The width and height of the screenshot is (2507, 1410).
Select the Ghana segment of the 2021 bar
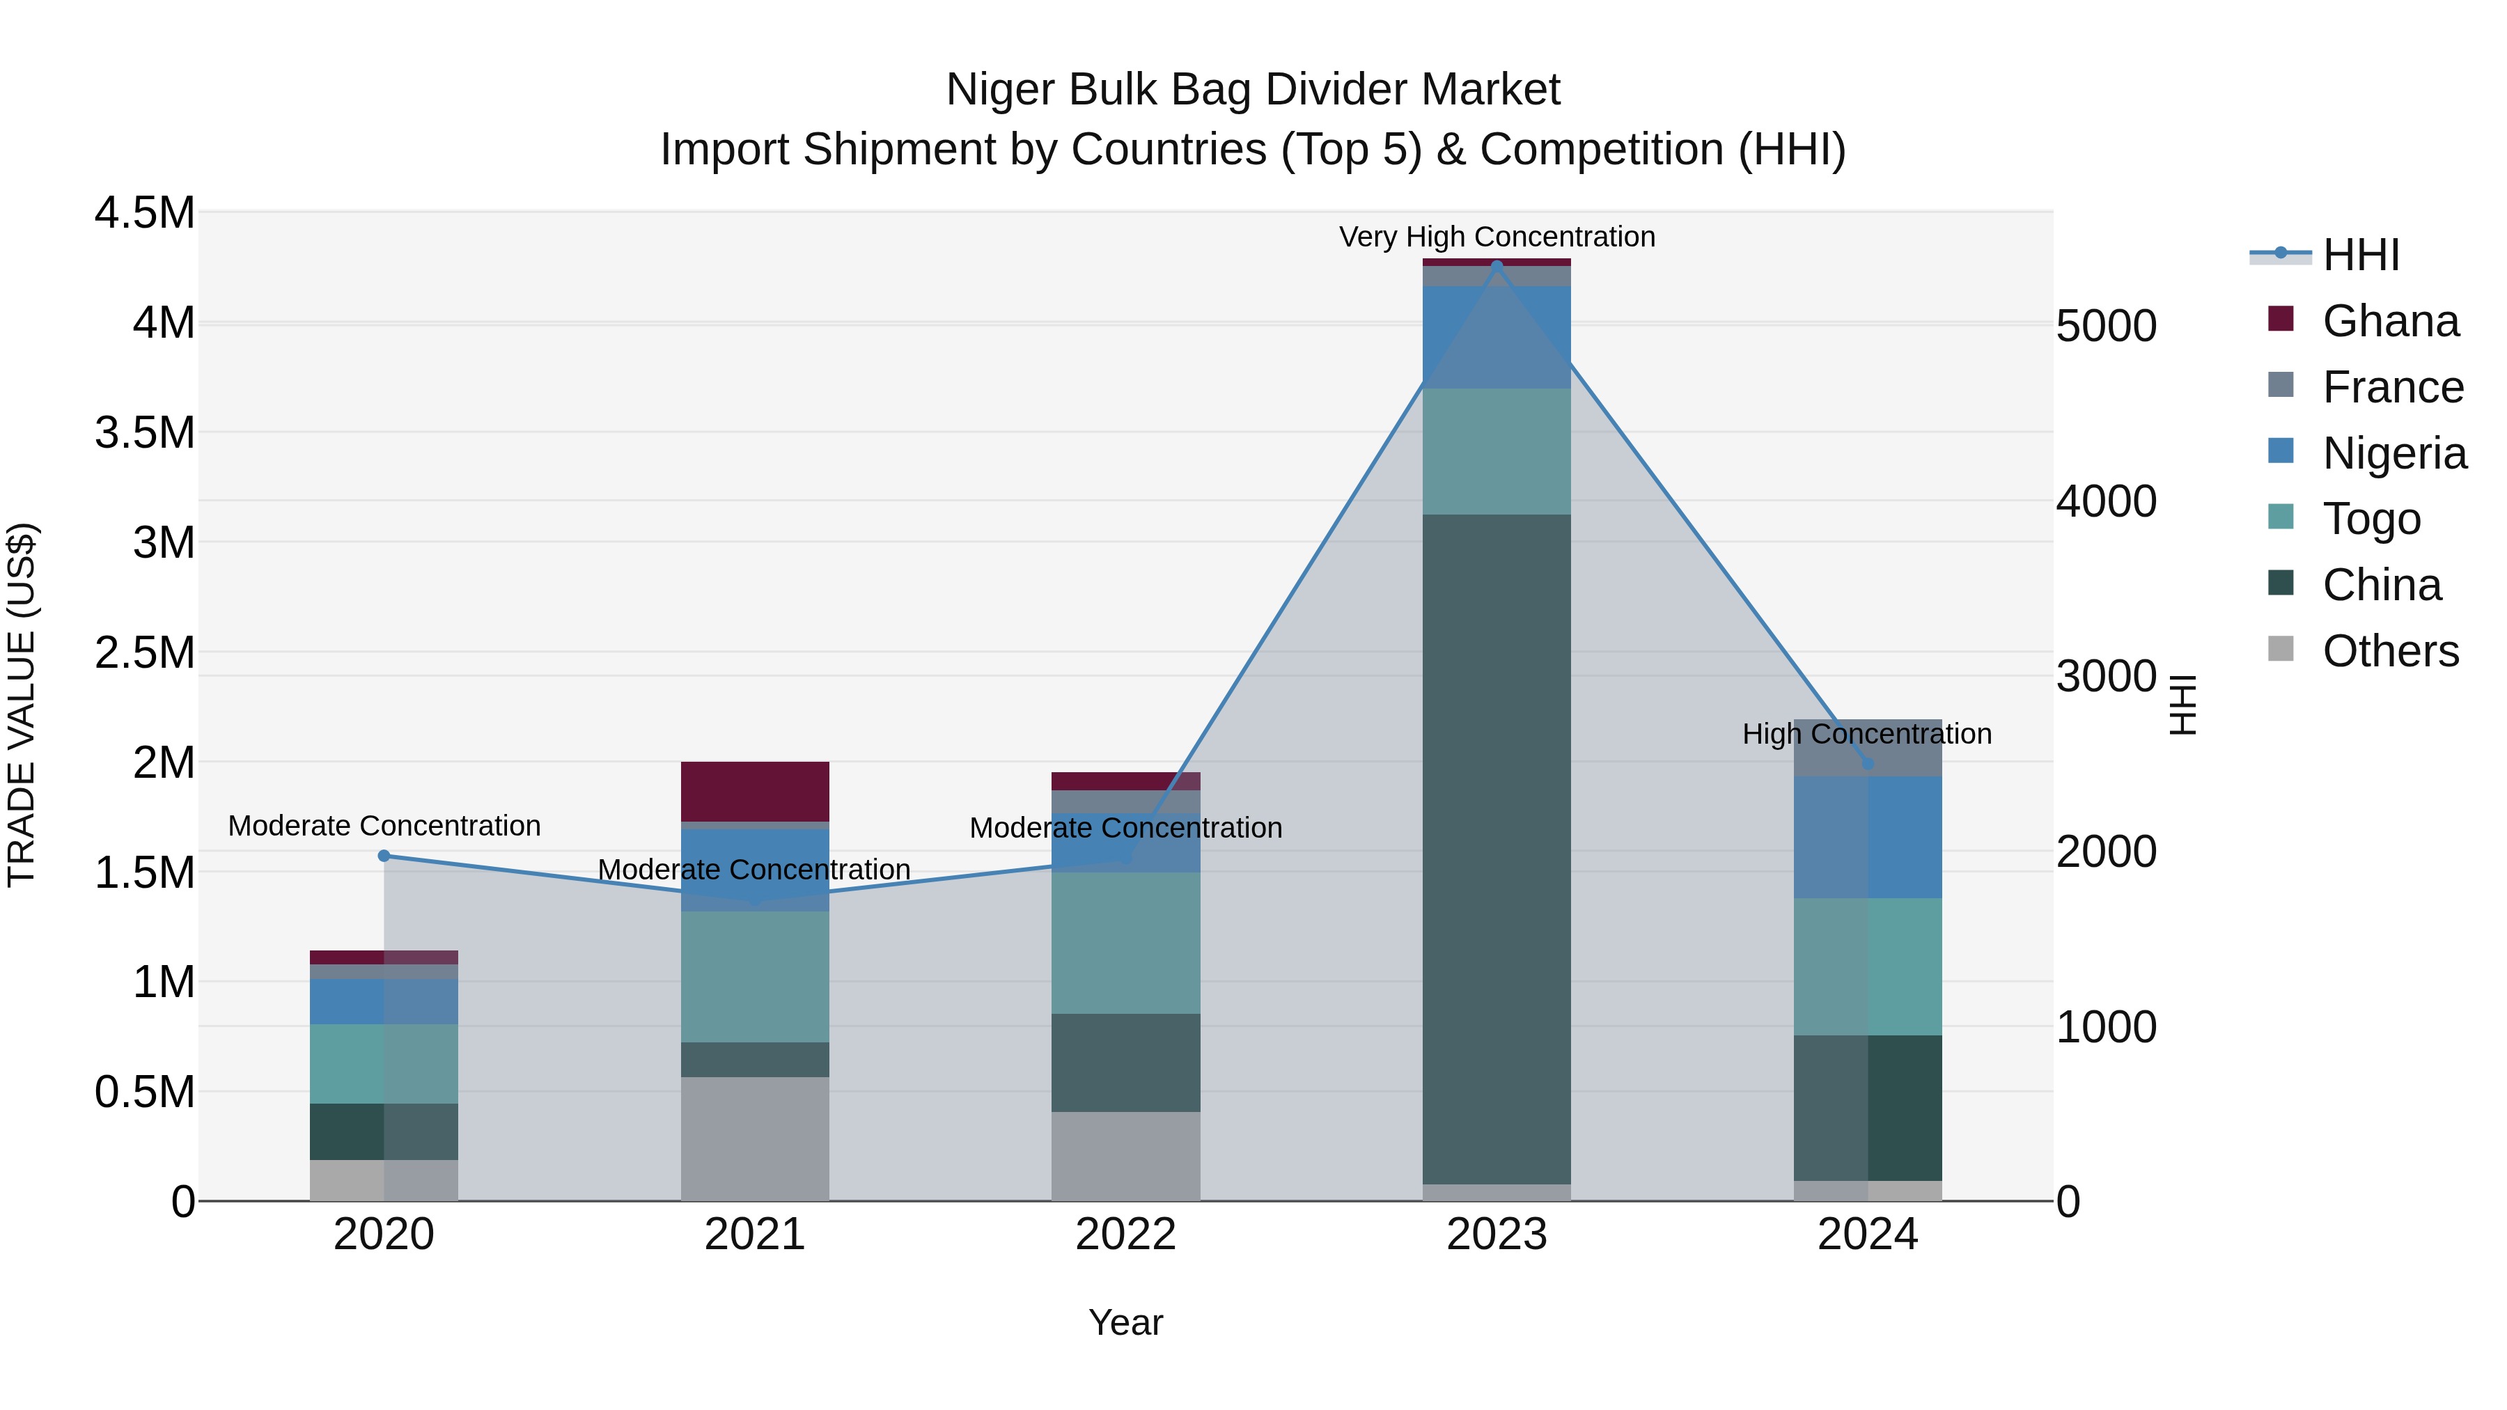point(754,791)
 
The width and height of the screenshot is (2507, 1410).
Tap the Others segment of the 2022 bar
point(1125,1156)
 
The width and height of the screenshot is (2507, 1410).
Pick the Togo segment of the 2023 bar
point(1496,451)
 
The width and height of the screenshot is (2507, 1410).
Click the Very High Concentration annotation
point(1496,237)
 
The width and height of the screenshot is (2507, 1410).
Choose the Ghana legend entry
point(2389,321)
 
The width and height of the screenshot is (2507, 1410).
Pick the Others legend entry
point(2389,651)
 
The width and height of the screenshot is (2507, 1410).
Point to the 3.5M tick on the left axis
point(144,432)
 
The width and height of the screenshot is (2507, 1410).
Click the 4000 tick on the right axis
point(2106,501)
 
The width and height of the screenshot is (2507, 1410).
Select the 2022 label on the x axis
point(1125,1235)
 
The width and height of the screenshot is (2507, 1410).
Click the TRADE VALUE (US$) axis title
point(22,705)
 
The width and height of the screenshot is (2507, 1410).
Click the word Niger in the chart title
point(1001,90)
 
